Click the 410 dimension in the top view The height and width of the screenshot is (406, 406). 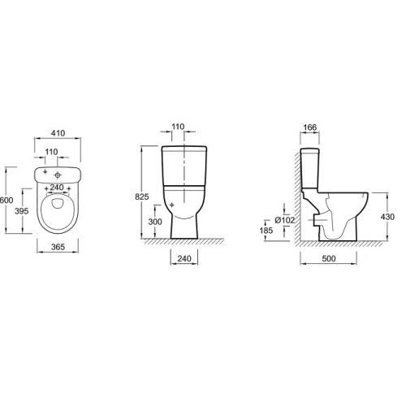(x=58, y=133)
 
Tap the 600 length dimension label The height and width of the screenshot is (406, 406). (x=6, y=201)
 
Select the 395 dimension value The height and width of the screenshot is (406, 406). (x=22, y=211)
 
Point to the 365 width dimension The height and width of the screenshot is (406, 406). (x=58, y=247)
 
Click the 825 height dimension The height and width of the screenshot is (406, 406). (x=142, y=197)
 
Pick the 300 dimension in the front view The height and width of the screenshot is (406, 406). (x=155, y=222)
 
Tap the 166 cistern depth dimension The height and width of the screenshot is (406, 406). (x=310, y=127)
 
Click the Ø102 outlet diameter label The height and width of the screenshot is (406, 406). (x=284, y=220)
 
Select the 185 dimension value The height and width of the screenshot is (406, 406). (x=266, y=231)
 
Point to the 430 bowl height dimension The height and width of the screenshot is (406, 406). (x=387, y=217)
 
